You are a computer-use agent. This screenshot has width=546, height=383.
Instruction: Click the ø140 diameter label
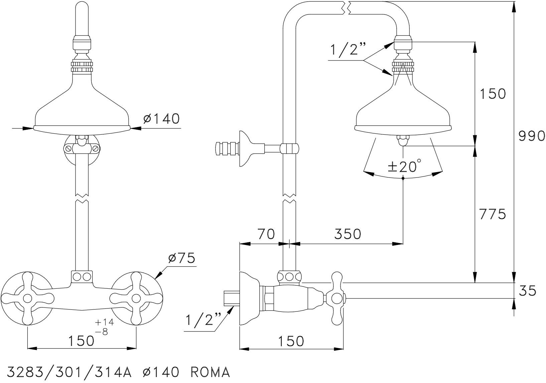click(162, 118)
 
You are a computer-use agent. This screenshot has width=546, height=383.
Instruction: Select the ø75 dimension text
click(182, 258)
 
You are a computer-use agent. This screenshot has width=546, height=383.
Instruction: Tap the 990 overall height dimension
click(532, 136)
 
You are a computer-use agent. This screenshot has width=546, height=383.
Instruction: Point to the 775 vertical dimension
click(493, 214)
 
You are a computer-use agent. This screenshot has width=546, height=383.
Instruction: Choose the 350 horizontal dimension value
click(348, 234)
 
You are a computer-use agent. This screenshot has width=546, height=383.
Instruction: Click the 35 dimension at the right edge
click(528, 290)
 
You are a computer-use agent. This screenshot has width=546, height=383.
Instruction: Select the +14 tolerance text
click(105, 323)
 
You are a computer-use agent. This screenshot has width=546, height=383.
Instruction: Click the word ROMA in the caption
click(210, 372)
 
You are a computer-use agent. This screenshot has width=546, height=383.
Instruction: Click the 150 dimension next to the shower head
click(493, 94)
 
